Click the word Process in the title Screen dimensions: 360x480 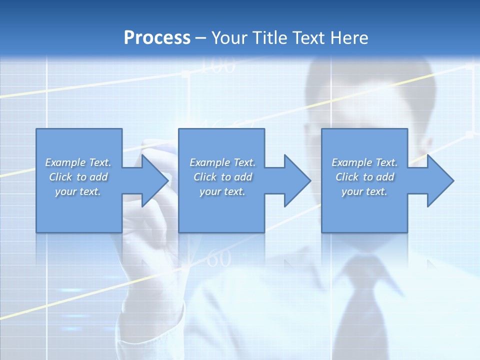pyautogui.click(x=157, y=38)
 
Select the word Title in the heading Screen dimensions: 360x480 pyautogui.click(x=269, y=38)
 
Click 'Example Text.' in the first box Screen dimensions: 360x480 pyautogui.click(x=78, y=162)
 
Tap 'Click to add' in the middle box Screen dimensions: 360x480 pyautogui.click(x=222, y=177)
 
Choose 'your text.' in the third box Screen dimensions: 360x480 pyautogui.click(x=364, y=191)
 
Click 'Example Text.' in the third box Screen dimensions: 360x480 pyautogui.click(x=364, y=162)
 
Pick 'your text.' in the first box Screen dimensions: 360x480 pyautogui.click(x=78, y=191)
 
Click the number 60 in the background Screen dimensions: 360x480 pyautogui.click(x=219, y=258)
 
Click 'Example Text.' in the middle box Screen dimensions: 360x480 pyautogui.click(x=222, y=162)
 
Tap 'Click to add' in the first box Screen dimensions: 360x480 pyautogui.click(x=78, y=177)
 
